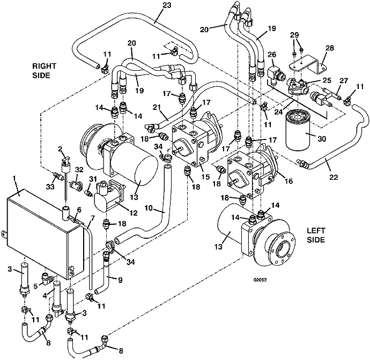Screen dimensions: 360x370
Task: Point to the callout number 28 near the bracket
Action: (x=329, y=48)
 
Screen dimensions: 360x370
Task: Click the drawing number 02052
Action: (x=260, y=280)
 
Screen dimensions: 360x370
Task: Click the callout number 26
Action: (x=271, y=55)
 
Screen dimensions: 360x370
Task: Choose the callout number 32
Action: (x=80, y=170)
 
